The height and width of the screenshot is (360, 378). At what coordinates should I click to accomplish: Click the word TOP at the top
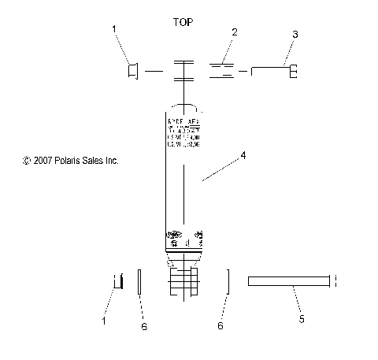click(183, 22)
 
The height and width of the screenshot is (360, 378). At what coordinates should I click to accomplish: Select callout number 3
click(295, 35)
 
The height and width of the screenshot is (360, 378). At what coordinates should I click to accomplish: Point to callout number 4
click(243, 156)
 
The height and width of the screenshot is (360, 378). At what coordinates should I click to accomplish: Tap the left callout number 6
click(143, 326)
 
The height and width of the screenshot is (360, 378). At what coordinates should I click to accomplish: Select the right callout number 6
click(220, 325)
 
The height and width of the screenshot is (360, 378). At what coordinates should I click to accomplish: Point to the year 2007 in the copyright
click(44, 160)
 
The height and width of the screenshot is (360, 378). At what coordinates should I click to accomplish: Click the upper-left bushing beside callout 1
click(132, 72)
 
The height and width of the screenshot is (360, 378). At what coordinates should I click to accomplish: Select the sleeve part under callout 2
click(221, 72)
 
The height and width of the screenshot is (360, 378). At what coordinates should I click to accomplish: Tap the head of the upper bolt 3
click(293, 72)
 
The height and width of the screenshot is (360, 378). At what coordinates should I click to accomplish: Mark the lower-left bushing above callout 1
click(119, 281)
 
